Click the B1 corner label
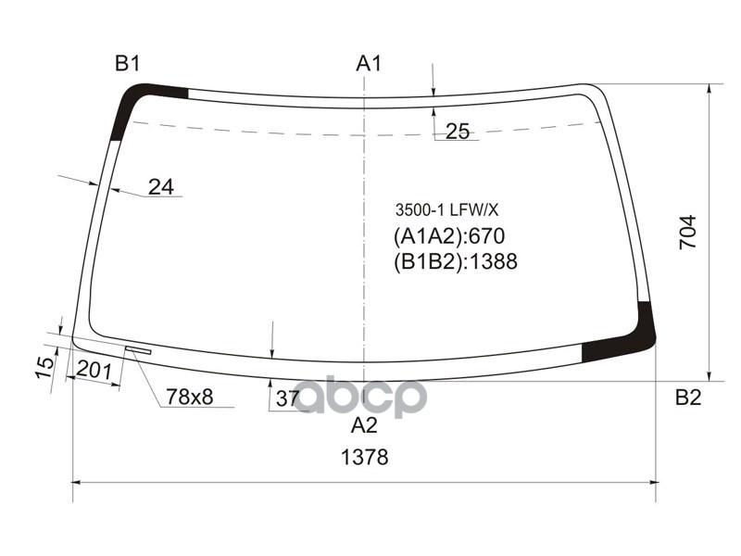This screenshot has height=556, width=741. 127,64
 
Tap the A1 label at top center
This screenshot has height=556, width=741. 369,64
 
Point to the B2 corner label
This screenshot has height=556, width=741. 687,398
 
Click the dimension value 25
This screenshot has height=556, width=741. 458,132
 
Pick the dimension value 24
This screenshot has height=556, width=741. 160,186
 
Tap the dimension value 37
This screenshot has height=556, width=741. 288,398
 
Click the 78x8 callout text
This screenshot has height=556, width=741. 189,398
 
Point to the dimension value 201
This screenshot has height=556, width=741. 94,371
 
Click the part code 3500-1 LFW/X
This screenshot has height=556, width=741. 440,209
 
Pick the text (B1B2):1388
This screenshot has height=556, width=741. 454,261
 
